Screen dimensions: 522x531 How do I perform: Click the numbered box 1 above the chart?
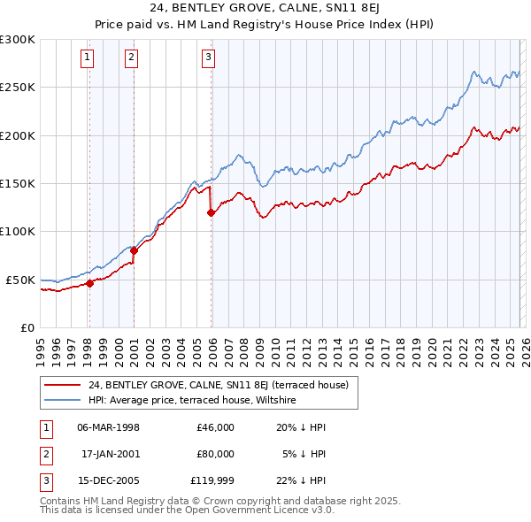pyautogui.click(x=88, y=58)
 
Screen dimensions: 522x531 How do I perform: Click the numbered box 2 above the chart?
pyautogui.click(x=131, y=58)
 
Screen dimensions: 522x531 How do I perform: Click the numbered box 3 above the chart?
pyautogui.click(x=209, y=58)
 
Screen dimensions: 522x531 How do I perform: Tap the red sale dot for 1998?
pyautogui.click(x=89, y=283)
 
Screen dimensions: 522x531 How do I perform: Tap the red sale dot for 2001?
pyautogui.click(x=134, y=250)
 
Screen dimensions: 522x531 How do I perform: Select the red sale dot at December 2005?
pyautogui.click(x=211, y=212)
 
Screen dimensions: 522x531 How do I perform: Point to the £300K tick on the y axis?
pyautogui.click(x=18, y=40)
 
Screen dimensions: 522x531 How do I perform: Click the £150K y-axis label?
pyautogui.click(x=18, y=183)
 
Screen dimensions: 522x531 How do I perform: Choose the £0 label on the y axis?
pyautogui.click(x=26, y=327)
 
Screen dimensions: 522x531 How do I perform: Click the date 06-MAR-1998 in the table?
pyautogui.click(x=108, y=427)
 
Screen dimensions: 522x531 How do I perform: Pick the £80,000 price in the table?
pyautogui.click(x=215, y=454)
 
